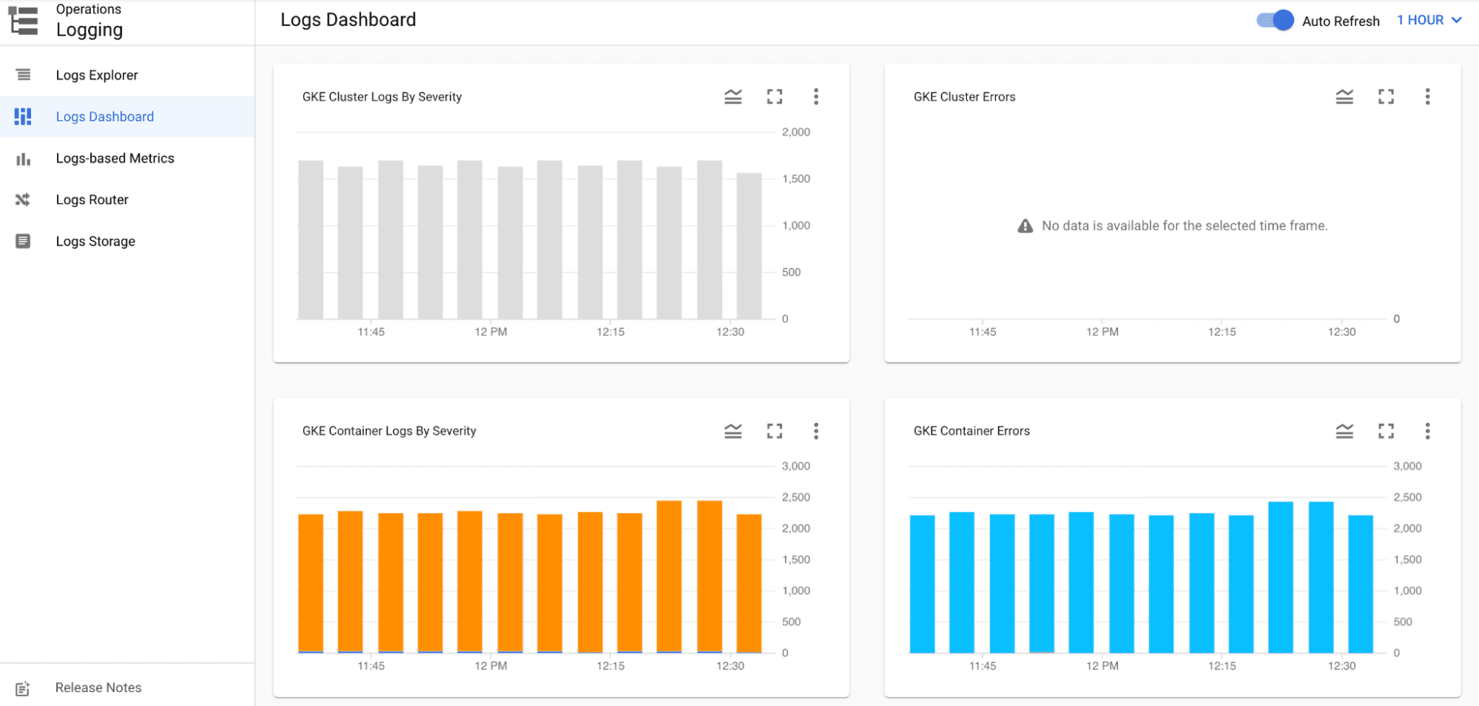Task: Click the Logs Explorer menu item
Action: click(x=96, y=75)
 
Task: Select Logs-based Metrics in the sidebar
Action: click(x=115, y=158)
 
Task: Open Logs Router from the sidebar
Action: click(x=92, y=200)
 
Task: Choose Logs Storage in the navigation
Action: click(x=95, y=241)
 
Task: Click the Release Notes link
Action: click(x=98, y=688)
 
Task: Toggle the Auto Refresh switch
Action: click(x=1275, y=21)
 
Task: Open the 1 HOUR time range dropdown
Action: click(x=1429, y=21)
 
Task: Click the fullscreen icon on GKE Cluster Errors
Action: click(x=1386, y=97)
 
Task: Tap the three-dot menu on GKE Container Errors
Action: click(x=1427, y=431)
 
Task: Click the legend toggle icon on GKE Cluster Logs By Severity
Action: click(x=732, y=97)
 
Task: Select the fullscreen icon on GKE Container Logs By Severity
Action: click(x=774, y=431)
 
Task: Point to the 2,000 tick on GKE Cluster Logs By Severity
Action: click(x=795, y=132)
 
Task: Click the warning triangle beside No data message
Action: click(x=1025, y=226)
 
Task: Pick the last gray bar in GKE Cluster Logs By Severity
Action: click(x=749, y=246)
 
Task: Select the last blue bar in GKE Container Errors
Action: click(x=1360, y=583)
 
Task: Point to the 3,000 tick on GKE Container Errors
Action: click(x=1406, y=466)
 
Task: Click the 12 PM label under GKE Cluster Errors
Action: click(x=1102, y=332)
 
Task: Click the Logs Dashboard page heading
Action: click(x=348, y=20)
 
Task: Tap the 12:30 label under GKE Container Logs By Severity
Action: click(x=730, y=666)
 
